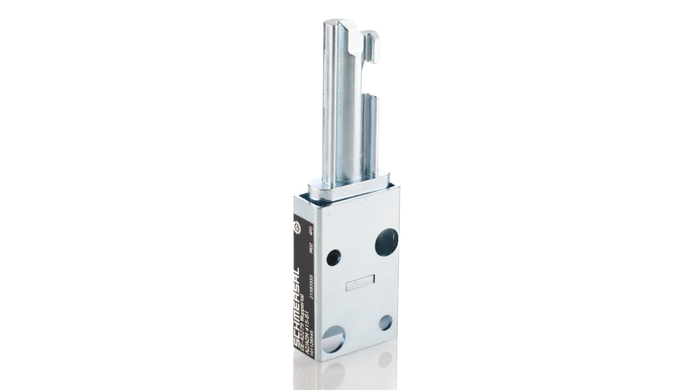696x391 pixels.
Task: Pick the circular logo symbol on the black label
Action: pos(297,228)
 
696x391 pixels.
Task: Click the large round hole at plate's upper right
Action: pos(386,243)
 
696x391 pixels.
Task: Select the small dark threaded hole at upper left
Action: pos(333,257)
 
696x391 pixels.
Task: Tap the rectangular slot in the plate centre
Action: pos(360,283)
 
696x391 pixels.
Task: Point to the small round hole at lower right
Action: pos(385,322)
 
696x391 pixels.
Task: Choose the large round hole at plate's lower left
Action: pos(333,339)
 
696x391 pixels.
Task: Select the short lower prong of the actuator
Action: pos(371,132)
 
